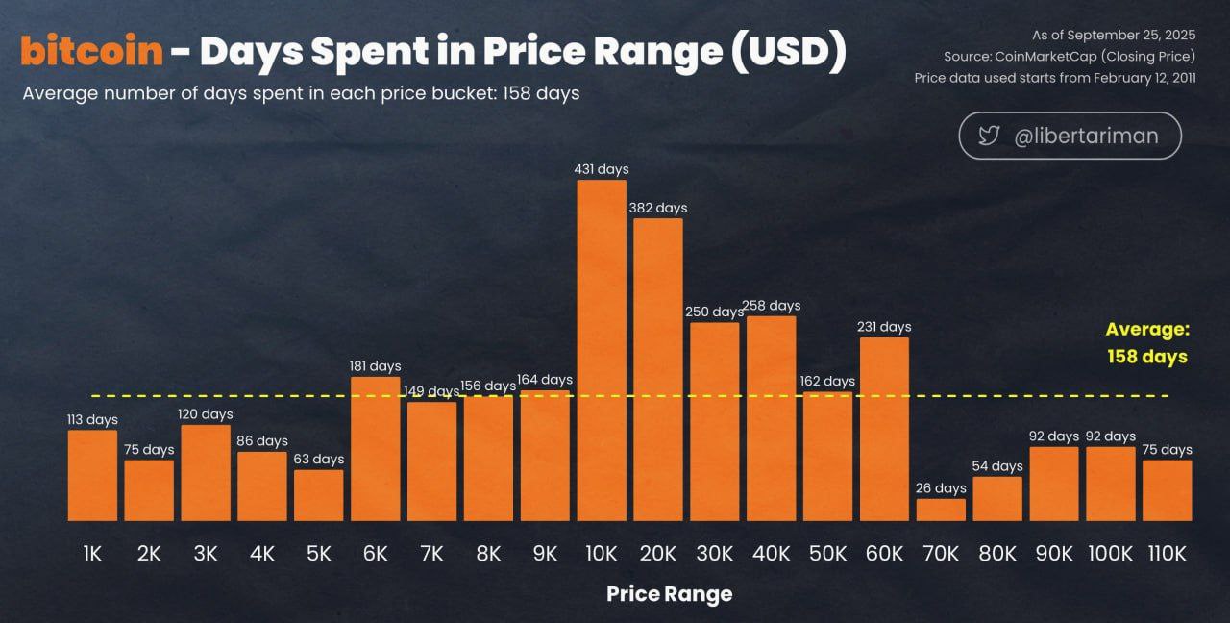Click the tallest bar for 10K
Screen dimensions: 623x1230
click(602, 351)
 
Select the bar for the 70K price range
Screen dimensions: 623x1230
click(941, 510)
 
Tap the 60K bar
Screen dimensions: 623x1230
click(884, 429)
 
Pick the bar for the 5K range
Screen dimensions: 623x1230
click(319, 495)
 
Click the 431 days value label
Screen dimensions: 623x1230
click(602, 169)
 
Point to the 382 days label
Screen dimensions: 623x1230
click(658, 208)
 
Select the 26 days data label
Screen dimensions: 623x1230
click(941, 488)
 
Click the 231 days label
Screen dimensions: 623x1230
click(884, 327)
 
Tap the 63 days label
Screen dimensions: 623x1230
click(319, 460)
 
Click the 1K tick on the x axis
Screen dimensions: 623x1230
click(92, 554)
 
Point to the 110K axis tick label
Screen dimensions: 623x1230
click(1168, 554)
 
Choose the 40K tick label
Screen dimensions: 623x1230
click(772, 554)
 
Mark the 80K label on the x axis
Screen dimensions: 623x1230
click(997, 554)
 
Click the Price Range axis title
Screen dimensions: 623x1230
click(669, 594)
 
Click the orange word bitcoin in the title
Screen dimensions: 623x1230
click(91, 52)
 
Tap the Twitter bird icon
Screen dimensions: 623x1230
click(989, 136)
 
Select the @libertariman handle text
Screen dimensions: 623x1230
click(1086, 137)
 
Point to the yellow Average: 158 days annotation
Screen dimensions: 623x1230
click(1147, 343)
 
